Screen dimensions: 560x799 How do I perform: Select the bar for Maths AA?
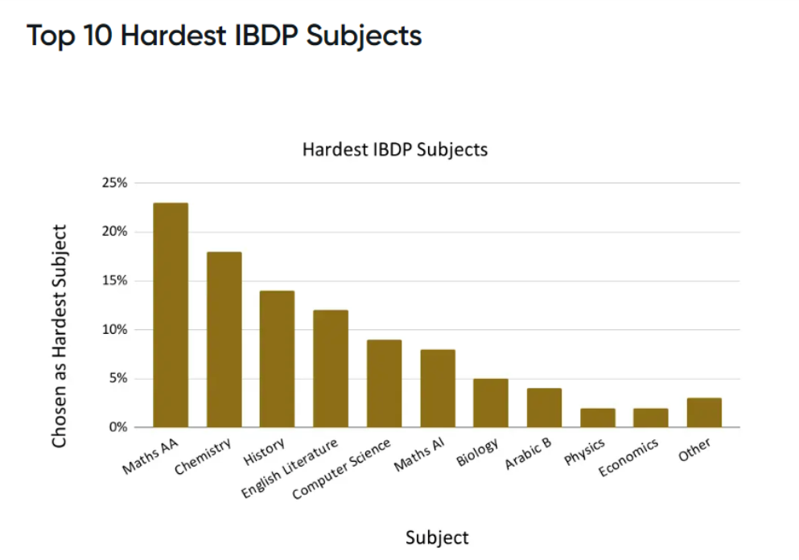tap(171, 315)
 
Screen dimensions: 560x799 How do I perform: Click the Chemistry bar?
tap(224, 340)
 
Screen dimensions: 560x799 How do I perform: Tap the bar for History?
tap(277, 359)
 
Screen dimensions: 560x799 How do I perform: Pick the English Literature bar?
tap(331, 369)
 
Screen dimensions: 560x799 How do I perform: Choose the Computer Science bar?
tap(384, 384)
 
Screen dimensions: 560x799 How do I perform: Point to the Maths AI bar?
tap(437, 389)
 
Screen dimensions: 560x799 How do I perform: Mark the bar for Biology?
tap(490, 403)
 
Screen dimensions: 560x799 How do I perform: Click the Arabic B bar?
tap(544, 408)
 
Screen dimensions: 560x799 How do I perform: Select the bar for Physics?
tap(597, 418)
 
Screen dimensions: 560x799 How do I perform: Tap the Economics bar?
tap(650, 418)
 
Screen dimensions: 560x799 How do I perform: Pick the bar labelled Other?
tap(704, 413)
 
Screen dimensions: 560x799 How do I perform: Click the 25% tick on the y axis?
tap(114, 183)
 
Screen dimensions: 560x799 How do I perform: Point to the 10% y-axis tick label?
tap(114, 330)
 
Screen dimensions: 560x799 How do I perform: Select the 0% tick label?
tap(117, 427)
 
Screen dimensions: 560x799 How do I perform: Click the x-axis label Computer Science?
tap(342, 469)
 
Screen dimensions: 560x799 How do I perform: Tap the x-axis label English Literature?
tap(289, 469)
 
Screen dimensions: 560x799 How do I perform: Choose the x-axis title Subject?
tap(437, 537)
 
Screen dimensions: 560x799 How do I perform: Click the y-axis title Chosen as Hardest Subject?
tap(59, 336)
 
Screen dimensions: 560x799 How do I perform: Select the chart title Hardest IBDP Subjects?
tap(394, 150)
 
